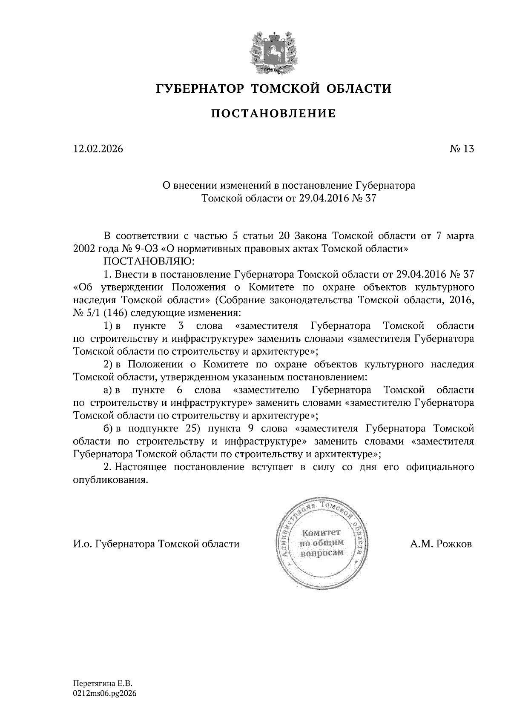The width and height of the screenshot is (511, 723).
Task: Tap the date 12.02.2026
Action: (x=98, y=149)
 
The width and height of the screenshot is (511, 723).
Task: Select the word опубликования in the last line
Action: (x=110, y=480)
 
